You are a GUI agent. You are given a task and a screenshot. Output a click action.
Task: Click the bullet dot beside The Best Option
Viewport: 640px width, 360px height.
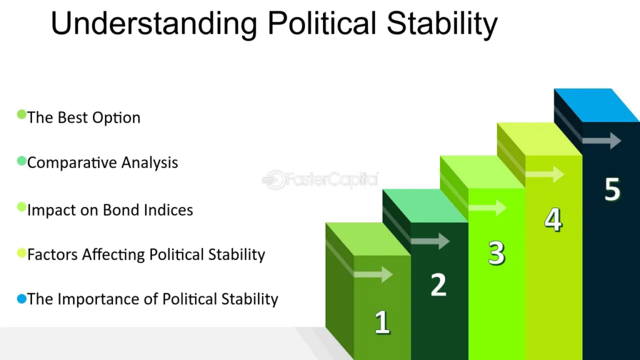pos(22,114)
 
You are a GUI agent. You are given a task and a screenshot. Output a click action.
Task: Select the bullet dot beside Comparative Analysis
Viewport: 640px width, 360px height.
pos(22,161)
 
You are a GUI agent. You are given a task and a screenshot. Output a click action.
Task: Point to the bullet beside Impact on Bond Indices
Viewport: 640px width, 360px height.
pos(22,207)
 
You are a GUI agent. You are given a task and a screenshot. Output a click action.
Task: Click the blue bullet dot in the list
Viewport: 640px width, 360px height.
pos(22,299)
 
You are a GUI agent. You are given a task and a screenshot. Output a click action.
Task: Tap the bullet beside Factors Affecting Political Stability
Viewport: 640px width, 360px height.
pos(22,253)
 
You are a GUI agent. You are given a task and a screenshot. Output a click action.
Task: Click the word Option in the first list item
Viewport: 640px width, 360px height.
pos(116,118)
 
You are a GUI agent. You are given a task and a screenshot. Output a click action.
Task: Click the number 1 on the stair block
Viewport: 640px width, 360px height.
pos(382,322)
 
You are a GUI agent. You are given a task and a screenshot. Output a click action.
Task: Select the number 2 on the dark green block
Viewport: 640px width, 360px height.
pos(439,284)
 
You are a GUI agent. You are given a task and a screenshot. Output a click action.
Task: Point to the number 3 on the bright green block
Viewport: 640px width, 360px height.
pos(497,253)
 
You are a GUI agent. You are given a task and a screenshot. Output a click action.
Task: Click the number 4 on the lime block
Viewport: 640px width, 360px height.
pos(554,220)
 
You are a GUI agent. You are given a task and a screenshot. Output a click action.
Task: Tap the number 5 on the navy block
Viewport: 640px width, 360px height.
pos(612,189)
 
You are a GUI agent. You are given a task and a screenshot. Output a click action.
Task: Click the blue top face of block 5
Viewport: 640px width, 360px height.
pos(597,105)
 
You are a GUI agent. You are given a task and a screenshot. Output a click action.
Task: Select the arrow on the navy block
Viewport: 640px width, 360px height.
pos(602,141)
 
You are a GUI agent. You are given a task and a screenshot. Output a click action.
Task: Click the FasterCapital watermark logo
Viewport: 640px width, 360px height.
pos(321,179)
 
